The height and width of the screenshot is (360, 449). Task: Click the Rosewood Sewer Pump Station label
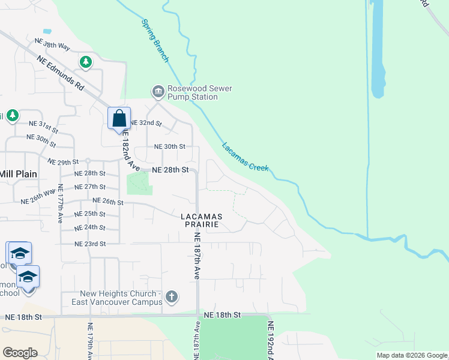coord(200,93)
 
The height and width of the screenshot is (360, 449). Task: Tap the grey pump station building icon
coord(158,92)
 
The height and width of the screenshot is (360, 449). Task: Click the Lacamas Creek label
coord(245,157)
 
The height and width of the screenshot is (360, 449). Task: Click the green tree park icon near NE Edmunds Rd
coord(86,61)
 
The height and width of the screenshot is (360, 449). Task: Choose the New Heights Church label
coord(122,298)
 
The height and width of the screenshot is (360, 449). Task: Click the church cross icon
coord(172,296)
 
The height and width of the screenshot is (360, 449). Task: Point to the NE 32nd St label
coord(146,122)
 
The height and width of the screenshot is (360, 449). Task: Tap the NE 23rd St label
coord(90,244)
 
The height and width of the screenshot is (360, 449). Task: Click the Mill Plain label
coord(18,174)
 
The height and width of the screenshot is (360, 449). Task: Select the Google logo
coord(20,352)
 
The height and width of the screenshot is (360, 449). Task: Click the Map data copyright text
coord(412,355)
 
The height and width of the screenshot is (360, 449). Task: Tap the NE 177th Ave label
coord(61,204)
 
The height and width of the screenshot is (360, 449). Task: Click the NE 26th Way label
coord(38,197)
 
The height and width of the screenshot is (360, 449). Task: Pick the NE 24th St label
coord(90,227)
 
